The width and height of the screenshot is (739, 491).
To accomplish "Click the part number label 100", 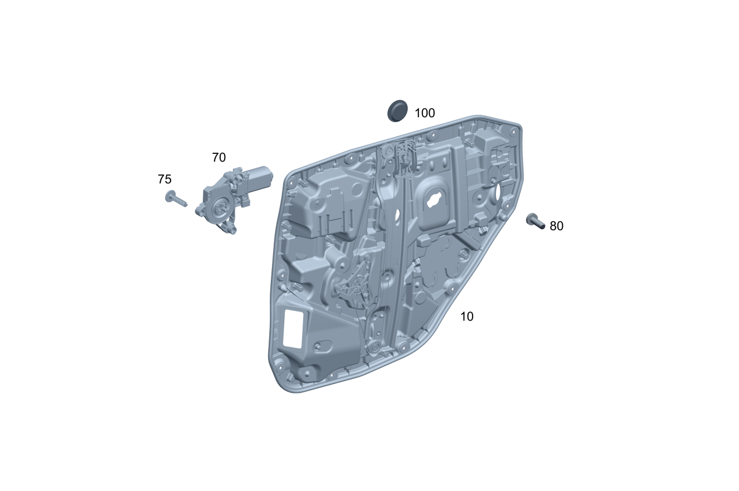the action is click(425, 113).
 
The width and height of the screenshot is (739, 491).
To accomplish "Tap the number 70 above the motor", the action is click(218, 158).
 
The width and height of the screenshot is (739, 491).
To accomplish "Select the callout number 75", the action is click(164, 179).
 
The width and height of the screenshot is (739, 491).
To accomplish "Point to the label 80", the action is click(557, 226).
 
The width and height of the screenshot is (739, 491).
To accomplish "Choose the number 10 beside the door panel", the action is click(466, 317).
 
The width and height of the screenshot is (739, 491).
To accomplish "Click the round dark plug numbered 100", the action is click(397, 110).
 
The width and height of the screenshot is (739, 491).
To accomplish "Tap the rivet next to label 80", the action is click(535, 221).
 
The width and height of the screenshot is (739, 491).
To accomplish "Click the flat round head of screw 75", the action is click(169, 196).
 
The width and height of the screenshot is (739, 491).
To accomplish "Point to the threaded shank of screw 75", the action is click(180, 201).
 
